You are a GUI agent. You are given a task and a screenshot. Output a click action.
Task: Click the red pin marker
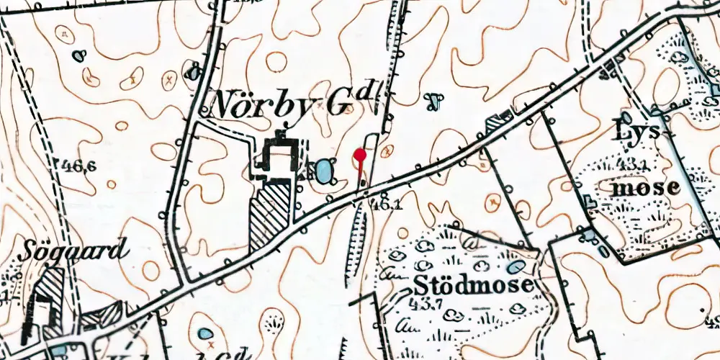[361, 154]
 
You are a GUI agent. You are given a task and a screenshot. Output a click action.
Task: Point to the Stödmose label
[473, 282]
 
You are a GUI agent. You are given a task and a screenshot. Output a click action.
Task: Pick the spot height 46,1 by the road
[383, 204]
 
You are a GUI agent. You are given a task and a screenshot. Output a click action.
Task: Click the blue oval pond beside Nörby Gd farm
[325, 171]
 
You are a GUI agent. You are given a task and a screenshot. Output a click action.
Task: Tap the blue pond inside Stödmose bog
[516, 266]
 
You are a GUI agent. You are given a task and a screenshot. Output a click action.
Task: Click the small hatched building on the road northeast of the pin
[497, 125]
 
